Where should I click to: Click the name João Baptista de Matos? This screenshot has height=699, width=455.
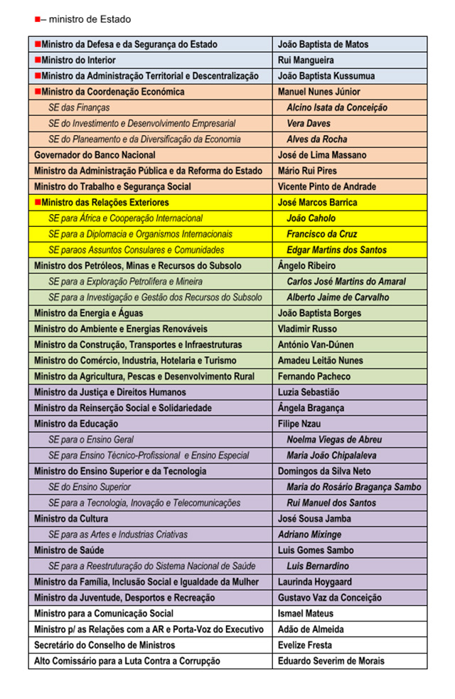point(323,44)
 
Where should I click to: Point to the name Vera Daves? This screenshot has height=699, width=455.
point(309,124)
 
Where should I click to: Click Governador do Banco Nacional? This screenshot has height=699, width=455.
point(95,155)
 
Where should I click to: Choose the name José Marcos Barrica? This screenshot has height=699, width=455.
point(317,203)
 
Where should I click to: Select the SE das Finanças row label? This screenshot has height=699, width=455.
point(79,108)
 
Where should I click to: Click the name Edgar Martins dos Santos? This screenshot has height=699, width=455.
point(336,250)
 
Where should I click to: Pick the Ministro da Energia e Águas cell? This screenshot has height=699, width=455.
point(88,314)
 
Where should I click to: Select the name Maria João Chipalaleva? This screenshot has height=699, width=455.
point(331,456)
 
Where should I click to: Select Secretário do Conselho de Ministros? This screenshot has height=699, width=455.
point(105,645)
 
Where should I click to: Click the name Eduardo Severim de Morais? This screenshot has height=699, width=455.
point(331,661)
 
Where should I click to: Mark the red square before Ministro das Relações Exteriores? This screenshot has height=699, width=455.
point(38,203)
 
